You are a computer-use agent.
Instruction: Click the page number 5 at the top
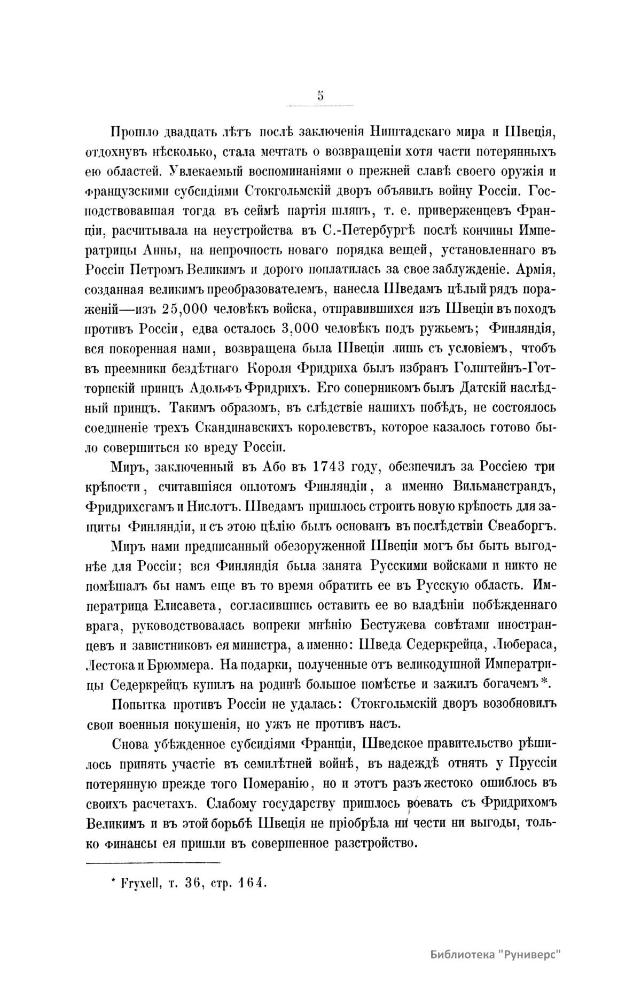pyautogui.click(x=320, y=96)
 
